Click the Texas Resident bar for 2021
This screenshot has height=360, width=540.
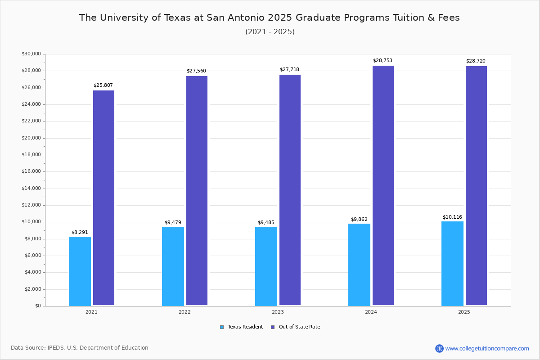(80, 271)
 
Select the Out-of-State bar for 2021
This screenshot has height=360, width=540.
(103, 198)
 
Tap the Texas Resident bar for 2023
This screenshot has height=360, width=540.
(266, 266)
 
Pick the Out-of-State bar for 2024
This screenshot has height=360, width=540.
(383, 185)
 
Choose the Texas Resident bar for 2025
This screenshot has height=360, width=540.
(452, 263)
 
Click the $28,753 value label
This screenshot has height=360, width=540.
(382, 60)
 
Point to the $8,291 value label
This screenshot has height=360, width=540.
(80, 232)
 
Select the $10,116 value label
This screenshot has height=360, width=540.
(452, 217)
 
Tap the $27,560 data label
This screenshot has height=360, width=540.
(196, 71)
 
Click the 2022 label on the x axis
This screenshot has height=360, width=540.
(184, 312)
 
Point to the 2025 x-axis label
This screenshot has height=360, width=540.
(464, 312)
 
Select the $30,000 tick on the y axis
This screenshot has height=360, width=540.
(31, 54)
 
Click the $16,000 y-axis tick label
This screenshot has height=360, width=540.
(31, 171)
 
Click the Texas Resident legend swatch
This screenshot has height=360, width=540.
(222, 327)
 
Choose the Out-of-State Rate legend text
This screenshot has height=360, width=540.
(299, 327)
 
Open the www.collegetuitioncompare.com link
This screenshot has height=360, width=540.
(487, 348)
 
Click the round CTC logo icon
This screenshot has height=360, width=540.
(439, 348)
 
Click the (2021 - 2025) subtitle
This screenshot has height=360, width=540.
(270, 31)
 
